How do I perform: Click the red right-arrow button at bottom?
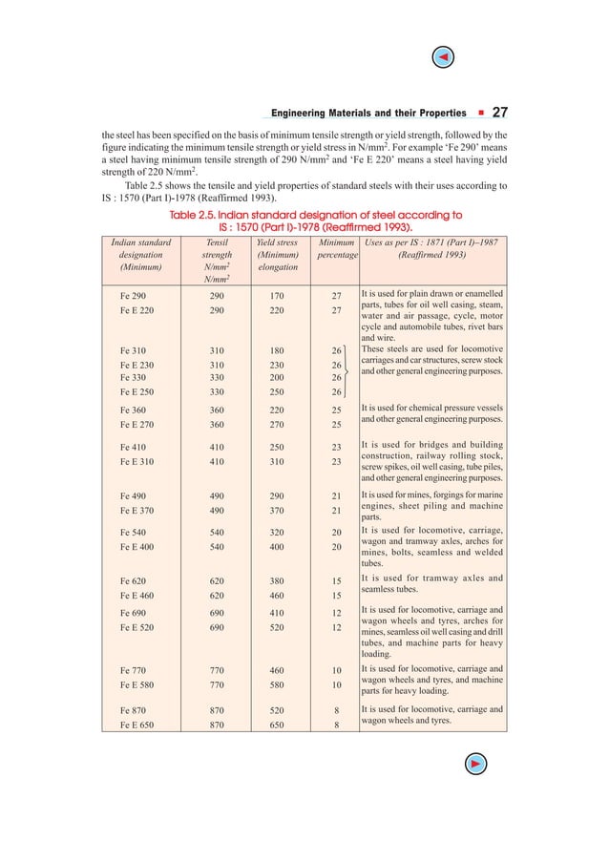click(x=474, y=762)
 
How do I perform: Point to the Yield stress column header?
click(x=277, y=255)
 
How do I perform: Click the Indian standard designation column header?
click(x=141, y=255)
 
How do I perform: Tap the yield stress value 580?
click(x=277, y=685)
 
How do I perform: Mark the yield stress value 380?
click(x=277, y=580)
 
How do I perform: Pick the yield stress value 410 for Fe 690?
click(x=277, y=611)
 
